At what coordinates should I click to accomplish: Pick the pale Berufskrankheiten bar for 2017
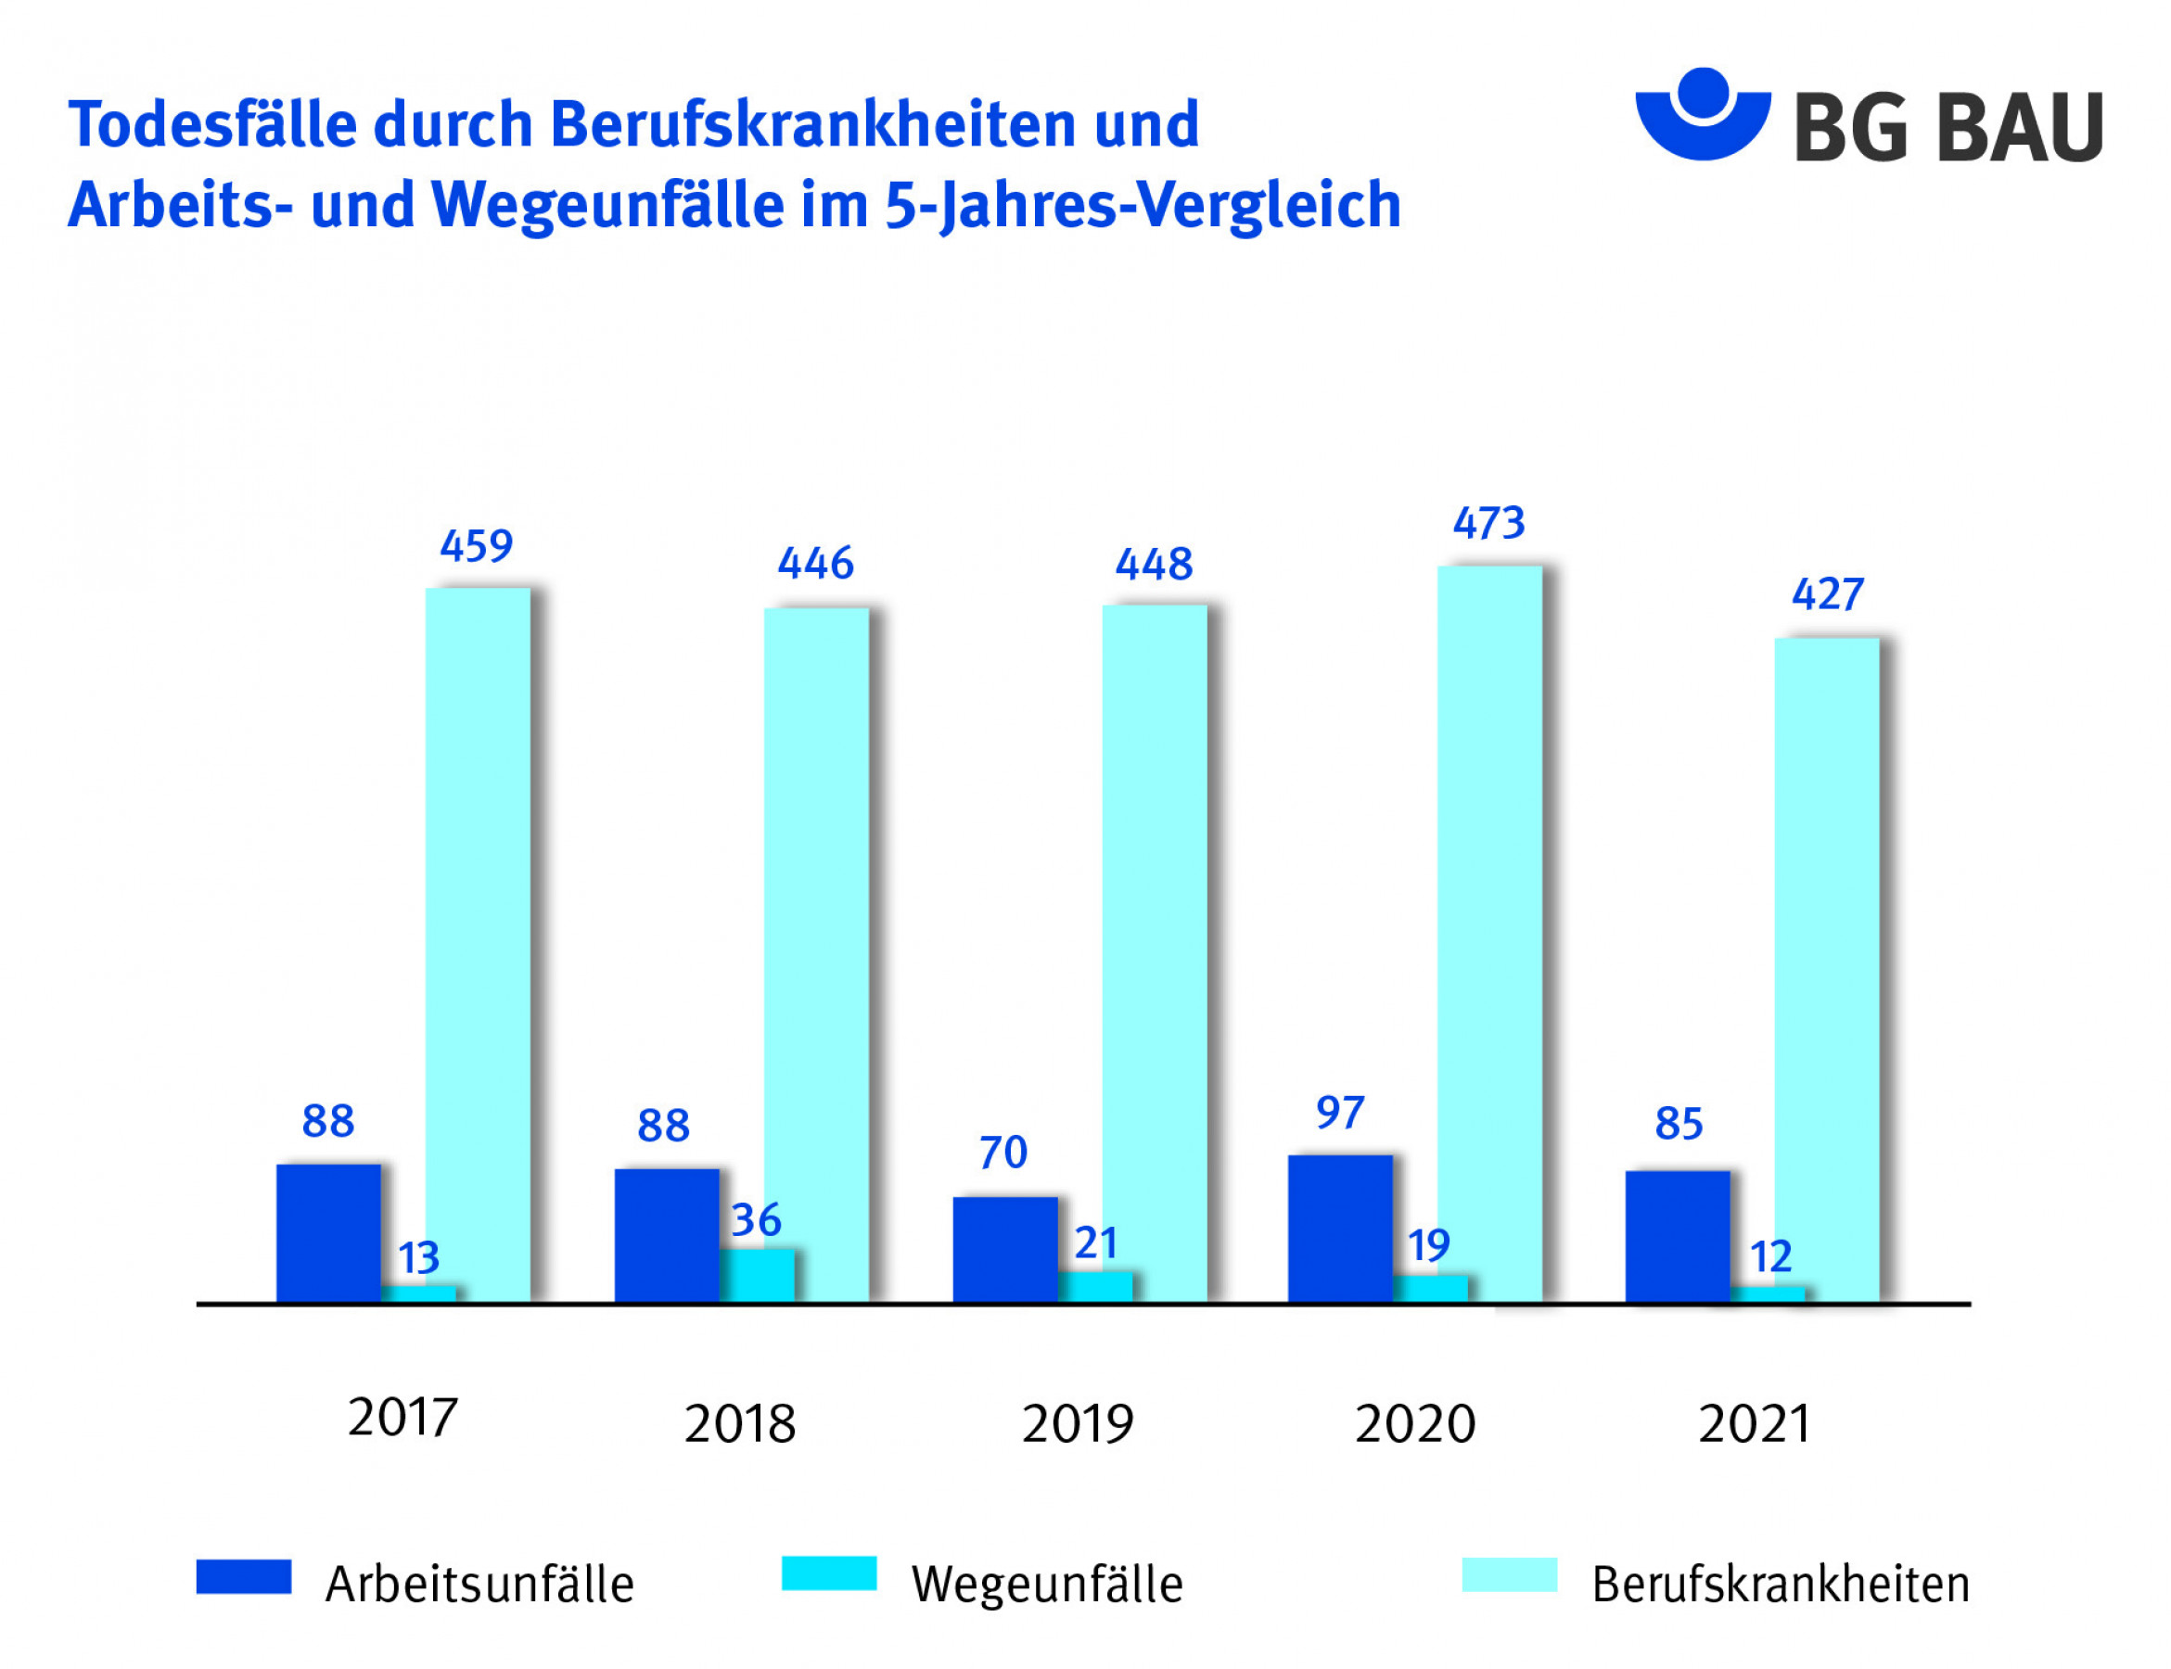tap(477, 944)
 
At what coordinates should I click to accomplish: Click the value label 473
tap(1488, 524)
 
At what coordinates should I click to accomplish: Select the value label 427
tap(1826, 594)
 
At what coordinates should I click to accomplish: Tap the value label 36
tap(756, 1220)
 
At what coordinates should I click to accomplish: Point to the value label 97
tap(1339, 1113)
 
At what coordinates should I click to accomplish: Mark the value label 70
tap(1002, 1153)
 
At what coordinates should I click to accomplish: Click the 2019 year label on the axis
tap(1077, 1423)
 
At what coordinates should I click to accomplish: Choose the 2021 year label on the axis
tap(1754, 1423)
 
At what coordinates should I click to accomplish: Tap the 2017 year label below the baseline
tap(402, 1418)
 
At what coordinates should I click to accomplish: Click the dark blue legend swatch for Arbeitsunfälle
tap(243, 1576)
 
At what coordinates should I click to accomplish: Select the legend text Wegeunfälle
tap(1047, 1585)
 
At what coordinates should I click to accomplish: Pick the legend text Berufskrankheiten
tap(1780, 1585)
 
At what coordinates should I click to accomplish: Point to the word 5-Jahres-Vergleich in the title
tap(1143, 206)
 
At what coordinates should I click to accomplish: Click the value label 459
tap(476, 546)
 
